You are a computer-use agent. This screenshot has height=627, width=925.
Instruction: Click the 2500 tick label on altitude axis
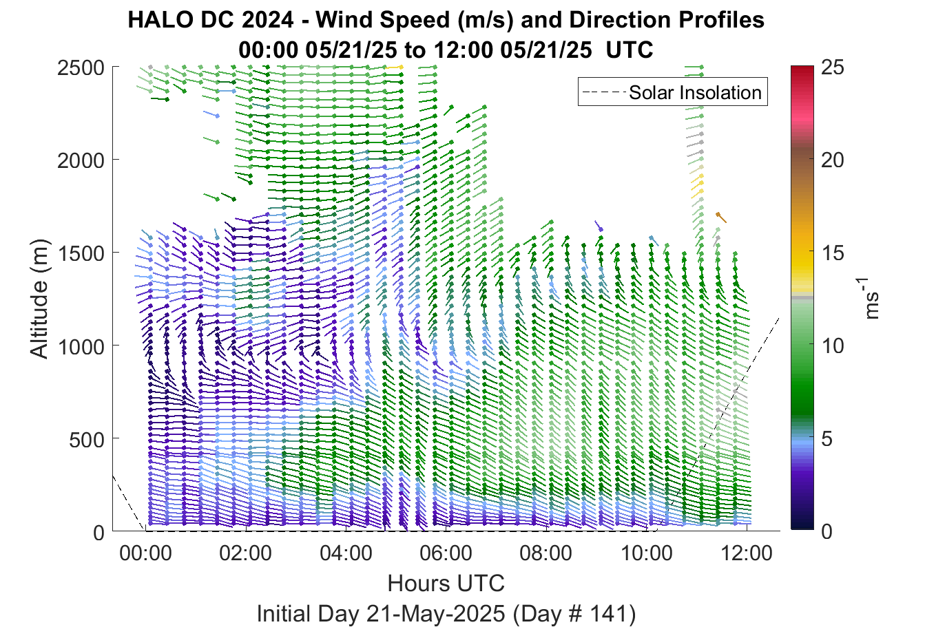tap(81, 68)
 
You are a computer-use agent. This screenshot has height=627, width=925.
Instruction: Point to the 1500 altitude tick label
tap(81, 253)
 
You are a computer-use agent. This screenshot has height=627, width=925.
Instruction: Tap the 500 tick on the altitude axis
tap(87, 440)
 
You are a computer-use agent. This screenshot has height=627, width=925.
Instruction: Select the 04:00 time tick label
tap(346, 553)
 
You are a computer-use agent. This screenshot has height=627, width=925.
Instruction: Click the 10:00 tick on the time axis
tap(647, 553)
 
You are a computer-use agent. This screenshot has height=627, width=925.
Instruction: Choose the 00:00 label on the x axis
tap(145, 553)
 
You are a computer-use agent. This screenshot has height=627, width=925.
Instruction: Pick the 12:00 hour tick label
tap(747, 553)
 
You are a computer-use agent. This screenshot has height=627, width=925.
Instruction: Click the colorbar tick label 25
tap(833, 67)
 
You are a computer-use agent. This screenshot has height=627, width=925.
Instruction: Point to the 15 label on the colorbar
tap(833, 253)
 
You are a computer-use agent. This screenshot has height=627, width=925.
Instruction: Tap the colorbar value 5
tap(827, 439)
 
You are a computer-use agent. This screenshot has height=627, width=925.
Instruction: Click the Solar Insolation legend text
tap(696, 92)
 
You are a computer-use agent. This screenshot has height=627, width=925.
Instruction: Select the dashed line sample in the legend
tap(604, 92)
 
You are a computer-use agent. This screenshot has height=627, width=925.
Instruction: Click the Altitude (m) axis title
tap(39, 299)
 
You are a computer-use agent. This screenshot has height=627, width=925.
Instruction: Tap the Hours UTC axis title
tap(446, 583)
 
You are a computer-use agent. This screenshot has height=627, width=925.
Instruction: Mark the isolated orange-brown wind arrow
tap(721, 217)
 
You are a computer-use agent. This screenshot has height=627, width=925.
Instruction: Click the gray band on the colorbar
tap(802, 297)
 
